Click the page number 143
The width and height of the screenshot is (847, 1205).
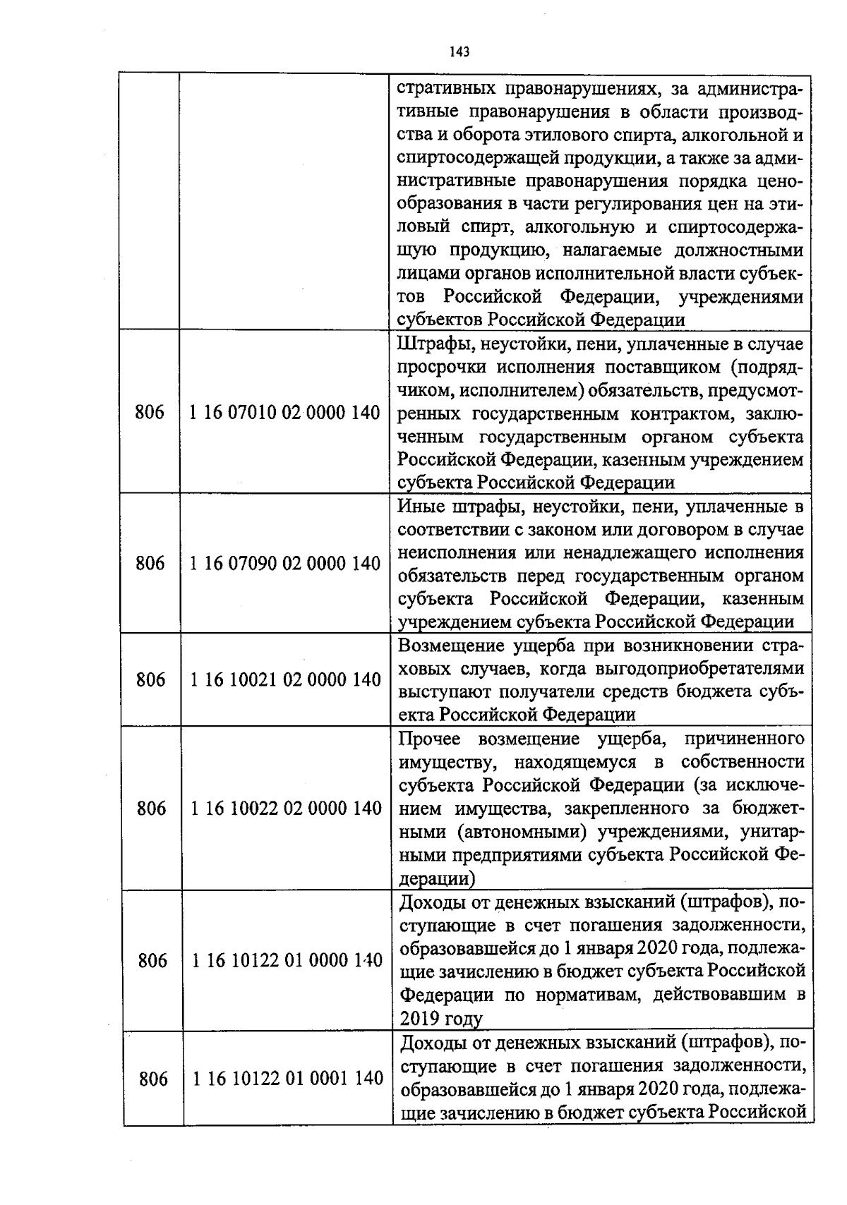point(459,52)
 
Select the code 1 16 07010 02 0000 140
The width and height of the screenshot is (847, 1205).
point(285,413)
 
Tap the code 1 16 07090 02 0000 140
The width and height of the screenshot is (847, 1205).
point(285,563)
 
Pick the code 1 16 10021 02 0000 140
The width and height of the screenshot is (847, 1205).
point(286,679)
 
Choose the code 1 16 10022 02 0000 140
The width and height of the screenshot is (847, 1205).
point(286,808)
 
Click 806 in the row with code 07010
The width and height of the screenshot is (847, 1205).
point(150,413)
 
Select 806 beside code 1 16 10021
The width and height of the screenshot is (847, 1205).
point(150,679)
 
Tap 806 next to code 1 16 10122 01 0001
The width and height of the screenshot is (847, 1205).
point(153,1079)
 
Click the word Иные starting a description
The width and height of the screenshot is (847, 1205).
point(421,507)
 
